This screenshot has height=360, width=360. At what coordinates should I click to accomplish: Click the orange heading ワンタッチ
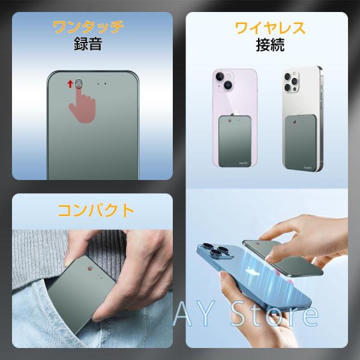pos(88,27)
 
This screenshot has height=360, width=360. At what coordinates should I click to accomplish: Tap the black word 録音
pos(88,44)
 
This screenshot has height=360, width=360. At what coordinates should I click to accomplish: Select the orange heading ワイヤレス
pos(270,28)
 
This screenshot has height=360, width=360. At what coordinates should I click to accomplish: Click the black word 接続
pos(270,45)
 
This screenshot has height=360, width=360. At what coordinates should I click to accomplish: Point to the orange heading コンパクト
pos(96,211)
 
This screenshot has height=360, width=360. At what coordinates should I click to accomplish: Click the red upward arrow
pos(70,84)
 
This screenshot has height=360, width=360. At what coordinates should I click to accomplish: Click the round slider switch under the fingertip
pos(79,84)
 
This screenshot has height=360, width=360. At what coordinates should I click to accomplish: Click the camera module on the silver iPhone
pos(291,82)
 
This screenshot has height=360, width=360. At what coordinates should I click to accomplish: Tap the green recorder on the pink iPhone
pos(235,141)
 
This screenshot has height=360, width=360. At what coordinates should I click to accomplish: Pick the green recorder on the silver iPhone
pos(301,142)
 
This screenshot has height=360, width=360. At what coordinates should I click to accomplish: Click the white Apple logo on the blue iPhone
pos(252,273)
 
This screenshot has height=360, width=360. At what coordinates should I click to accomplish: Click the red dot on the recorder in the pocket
pos(89,268)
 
